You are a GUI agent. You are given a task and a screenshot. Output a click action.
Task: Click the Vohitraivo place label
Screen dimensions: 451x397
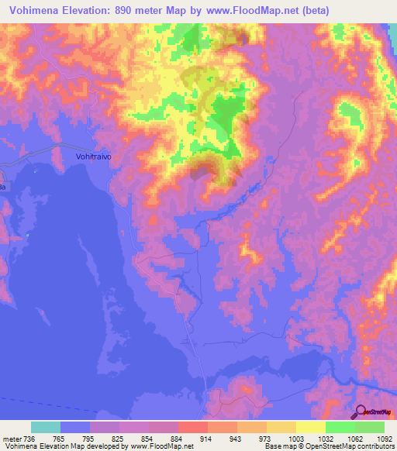[x=94, y=156]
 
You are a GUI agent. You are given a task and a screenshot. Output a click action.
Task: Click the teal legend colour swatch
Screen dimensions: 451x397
[x=46, y=428]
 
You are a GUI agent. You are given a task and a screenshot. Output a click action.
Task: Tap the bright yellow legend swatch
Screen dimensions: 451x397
[x=310, y=428]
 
